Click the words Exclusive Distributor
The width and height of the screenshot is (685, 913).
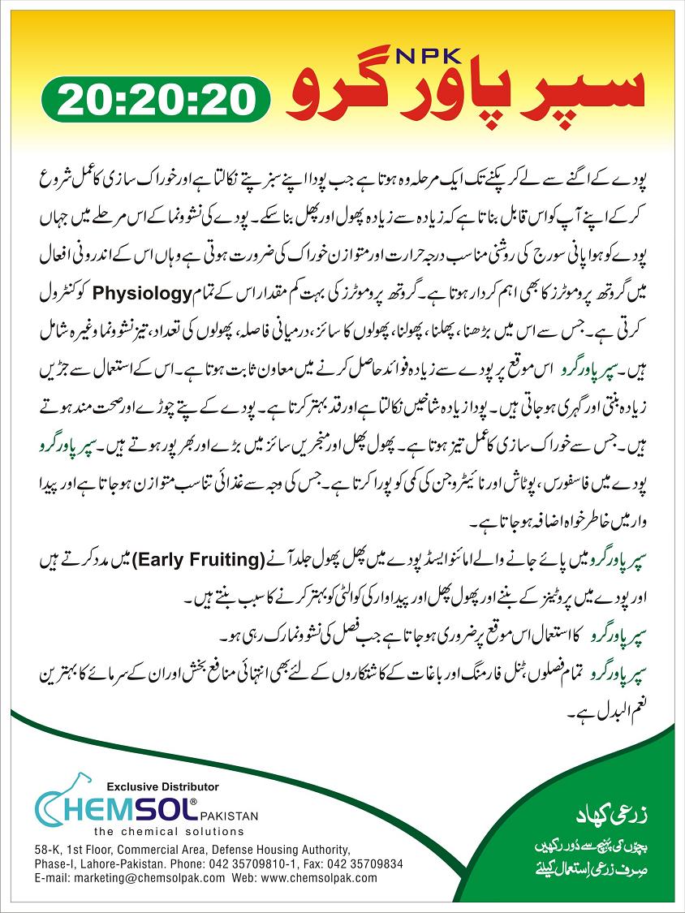click(162, 786)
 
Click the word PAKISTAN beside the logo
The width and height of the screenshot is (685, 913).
click(230, 813)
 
